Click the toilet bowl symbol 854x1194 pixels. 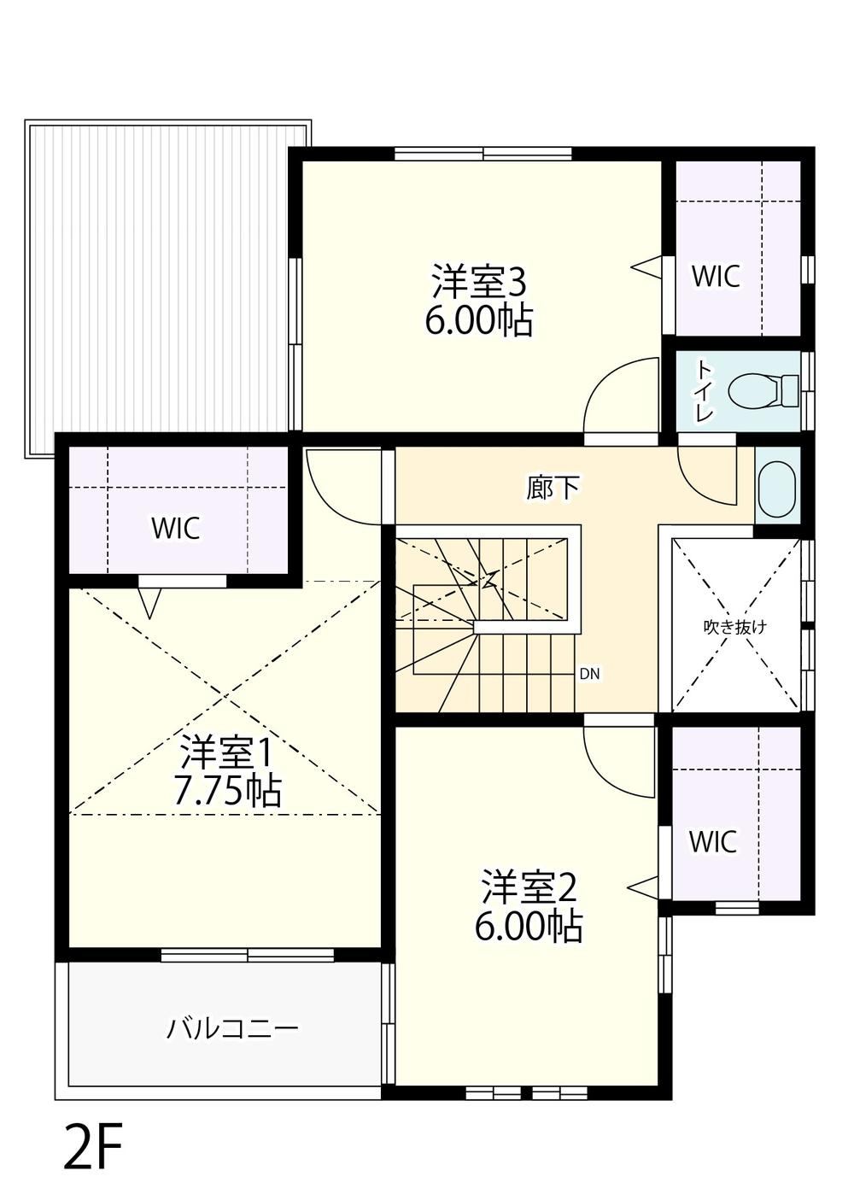(763, 390)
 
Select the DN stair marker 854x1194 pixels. (589, 674)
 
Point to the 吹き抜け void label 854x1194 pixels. (735, 628)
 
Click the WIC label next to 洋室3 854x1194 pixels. (716, 276)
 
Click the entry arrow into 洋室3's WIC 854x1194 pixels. (646, 266)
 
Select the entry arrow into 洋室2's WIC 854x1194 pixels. (643, 887)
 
